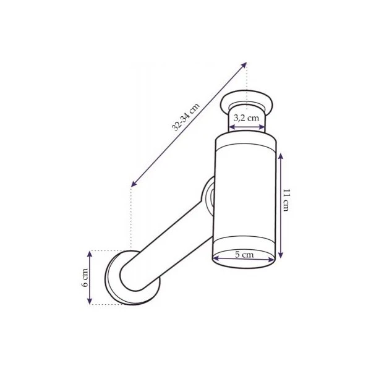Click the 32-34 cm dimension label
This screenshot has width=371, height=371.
tap(185, 117)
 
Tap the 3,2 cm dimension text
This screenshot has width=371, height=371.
tap(246, 117)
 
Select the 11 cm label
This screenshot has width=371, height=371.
tap(286, 200)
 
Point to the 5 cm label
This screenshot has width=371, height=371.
tap(244, 255)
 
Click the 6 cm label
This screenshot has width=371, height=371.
tap(85, 278)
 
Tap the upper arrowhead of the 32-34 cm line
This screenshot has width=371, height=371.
tap(244, 64)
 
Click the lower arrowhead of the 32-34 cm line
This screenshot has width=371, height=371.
tap(134, 184)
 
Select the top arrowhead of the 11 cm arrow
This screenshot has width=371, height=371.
tap(281, 156)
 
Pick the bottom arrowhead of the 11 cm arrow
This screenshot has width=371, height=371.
tap(281, 255)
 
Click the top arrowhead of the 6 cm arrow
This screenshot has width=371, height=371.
tap(90, 254)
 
